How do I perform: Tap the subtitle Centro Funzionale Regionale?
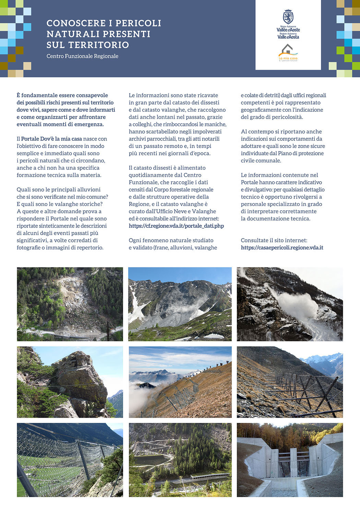(x=82, y=56)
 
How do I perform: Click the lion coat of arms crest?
(x=288, y=17)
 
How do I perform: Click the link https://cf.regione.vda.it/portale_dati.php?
(x=176, y=226)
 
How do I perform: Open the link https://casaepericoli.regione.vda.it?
(x=282, y=247)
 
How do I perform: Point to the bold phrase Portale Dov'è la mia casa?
(x=51, y=139)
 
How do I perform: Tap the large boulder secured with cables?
(x=79, y=377)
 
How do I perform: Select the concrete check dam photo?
(x=290, y=460)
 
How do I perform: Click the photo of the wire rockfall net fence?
(x=70, y=460)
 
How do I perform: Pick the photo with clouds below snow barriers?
(x=180, y=382)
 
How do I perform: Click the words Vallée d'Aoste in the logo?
(x=288, y=30)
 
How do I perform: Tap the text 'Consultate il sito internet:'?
(x=274, y=240)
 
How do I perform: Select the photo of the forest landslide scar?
(x=70, y=304)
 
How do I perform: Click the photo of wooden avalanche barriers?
(x=290, y=382)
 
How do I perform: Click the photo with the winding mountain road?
(x=180, y=460)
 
